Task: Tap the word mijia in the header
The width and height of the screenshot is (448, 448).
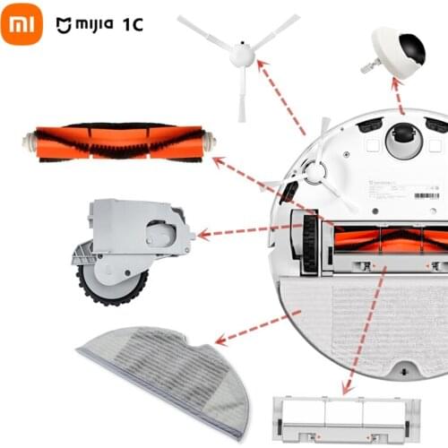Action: pos(90,24)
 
